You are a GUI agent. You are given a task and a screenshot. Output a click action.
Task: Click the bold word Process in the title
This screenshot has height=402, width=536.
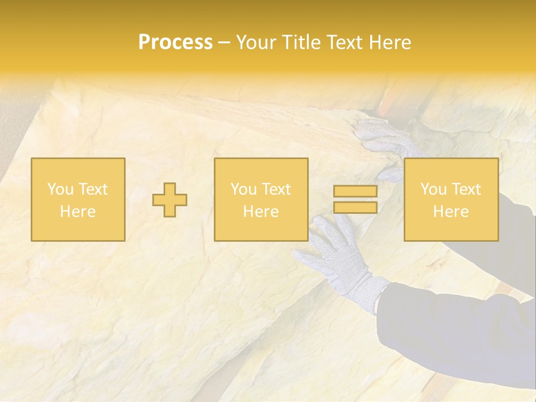(175, 42)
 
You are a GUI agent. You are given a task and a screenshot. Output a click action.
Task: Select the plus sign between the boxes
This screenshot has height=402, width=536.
(170, 200)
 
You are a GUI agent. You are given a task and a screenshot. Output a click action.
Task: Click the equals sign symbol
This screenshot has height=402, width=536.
(355, 199)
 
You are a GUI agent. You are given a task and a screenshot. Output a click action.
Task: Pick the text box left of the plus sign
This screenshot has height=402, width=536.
(78, 199)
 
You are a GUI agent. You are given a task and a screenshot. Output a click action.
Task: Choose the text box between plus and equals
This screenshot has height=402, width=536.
(261, 199)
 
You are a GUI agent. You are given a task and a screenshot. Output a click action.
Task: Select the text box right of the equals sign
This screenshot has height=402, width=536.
(451, 199)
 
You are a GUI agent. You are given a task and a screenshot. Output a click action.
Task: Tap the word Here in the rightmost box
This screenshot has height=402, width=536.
(451, 212)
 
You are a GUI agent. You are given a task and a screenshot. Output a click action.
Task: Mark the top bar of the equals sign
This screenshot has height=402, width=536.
(355, 192)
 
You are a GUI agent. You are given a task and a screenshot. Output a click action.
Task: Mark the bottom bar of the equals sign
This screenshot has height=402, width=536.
(355, 207)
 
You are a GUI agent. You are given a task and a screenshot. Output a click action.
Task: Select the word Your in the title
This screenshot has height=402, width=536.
(255, 42)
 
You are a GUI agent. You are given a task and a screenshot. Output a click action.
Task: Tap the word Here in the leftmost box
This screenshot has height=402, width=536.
(78, 212)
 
